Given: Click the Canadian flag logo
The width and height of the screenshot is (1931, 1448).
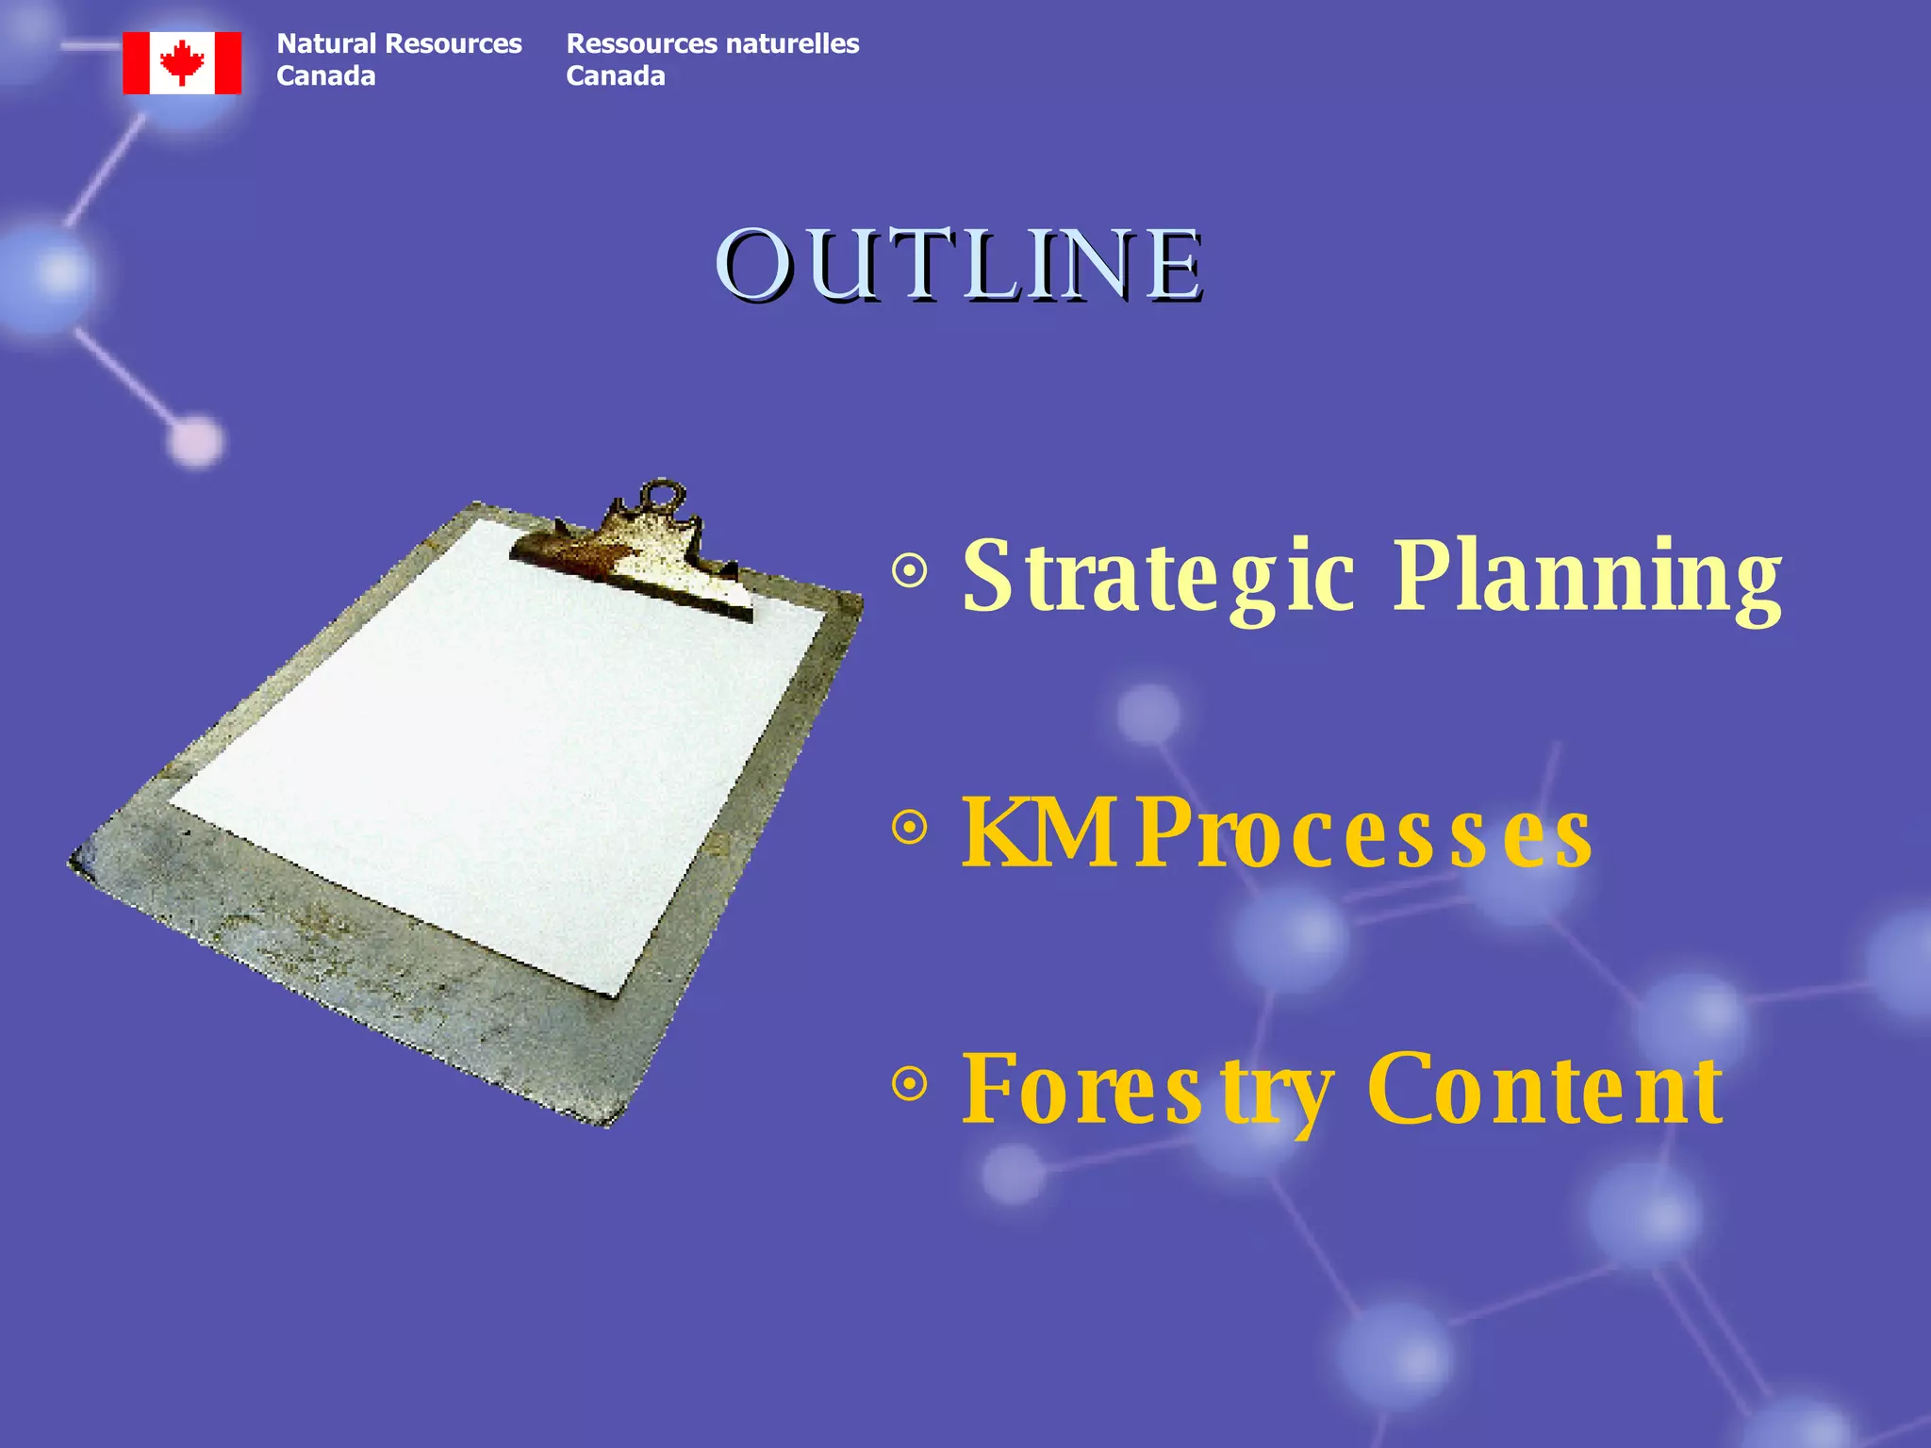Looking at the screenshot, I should coord(182,63).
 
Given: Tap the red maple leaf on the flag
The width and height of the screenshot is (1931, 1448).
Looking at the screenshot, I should coord(182,62).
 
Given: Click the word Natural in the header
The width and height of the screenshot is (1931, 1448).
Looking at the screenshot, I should coord(326,44).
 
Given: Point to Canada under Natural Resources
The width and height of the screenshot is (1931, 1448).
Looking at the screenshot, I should coord(325,76).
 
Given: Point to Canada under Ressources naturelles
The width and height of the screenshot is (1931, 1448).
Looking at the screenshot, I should coord(615,76).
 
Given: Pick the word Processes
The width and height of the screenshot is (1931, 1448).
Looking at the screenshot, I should coord(1363,834).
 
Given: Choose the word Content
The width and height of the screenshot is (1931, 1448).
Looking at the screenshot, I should coord(1544,1090).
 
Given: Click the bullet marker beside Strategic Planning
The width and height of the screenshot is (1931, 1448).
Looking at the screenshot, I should coord(910,570).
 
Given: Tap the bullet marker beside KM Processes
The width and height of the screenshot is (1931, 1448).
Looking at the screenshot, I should coord(910,829).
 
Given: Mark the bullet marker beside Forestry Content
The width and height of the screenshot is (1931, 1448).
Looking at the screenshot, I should coord(910,1084).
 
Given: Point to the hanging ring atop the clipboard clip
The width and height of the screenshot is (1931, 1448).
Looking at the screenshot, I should coord(662,495).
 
